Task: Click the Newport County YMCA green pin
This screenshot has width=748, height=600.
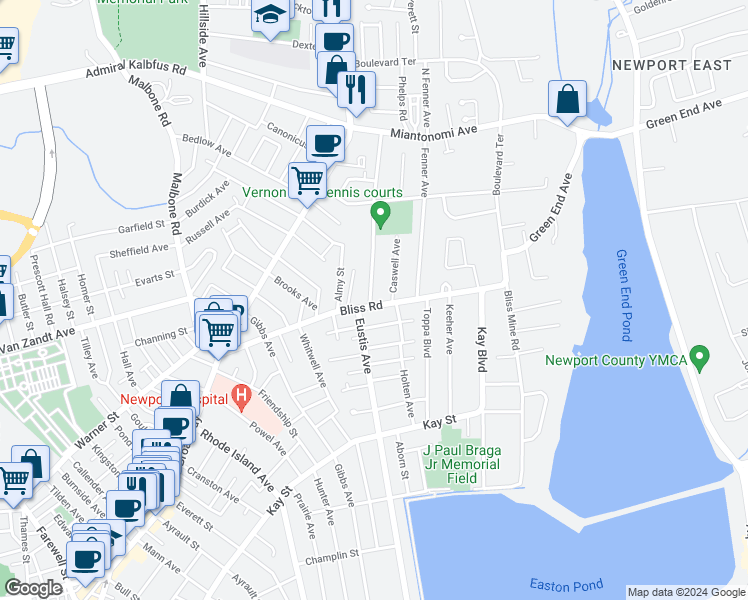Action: click(x=701, y=356)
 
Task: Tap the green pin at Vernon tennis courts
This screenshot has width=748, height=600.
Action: click(x=380, y=213)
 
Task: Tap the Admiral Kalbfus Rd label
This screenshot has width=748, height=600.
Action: click(x=136, y=70)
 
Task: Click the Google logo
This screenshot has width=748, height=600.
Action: click(x=34, y=588)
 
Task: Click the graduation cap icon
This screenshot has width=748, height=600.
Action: click(x=270, y=17)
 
